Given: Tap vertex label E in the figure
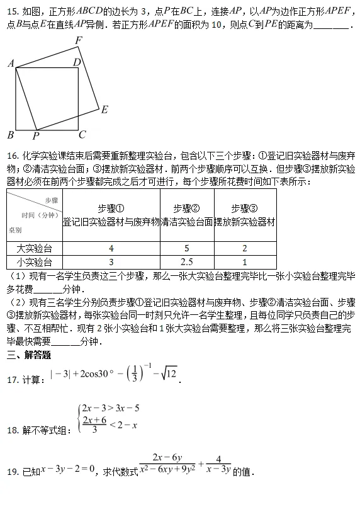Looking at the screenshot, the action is click(104, 110).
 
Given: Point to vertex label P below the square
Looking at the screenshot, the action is click(36, 135).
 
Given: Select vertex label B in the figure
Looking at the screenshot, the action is click(10, 135).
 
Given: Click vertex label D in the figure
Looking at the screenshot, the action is click(77, 62).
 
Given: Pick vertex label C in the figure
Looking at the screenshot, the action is click(82, 134).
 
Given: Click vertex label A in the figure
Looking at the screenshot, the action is click(10, 64).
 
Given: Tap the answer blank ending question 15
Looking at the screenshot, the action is click(330, 25).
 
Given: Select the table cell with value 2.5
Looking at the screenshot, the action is click(187, 262).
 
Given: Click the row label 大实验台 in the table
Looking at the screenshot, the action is click(34, 248).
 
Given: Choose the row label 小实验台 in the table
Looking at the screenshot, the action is click(34, 262).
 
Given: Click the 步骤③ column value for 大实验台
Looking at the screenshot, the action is click(244, 248).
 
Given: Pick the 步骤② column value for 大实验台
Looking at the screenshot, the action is click(187, 248).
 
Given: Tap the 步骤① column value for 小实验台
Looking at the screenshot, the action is click(111, 262).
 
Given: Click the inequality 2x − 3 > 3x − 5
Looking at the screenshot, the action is click(110, 408).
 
